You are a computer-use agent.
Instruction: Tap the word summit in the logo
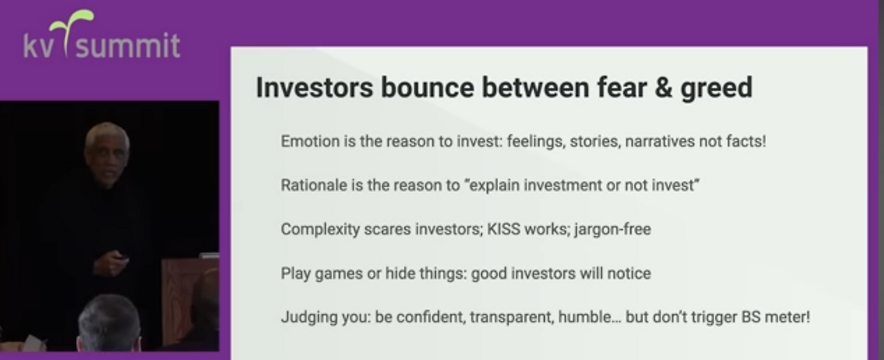tap(128, 46)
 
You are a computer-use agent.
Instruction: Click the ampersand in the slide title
tap(663, 88)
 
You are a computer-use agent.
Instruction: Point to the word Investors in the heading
tap(314, 88)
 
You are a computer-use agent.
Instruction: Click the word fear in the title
tap(622, 88)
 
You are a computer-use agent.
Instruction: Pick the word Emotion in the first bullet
tap(310, 141)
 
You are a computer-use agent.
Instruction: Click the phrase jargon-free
tap(613, 229)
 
